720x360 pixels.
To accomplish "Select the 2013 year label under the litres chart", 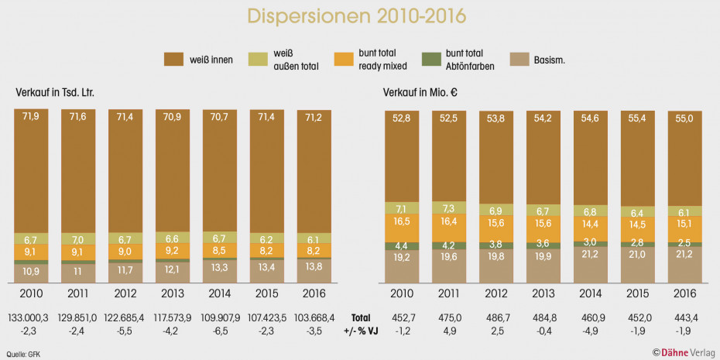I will pyautogui.click(x=173, y=295).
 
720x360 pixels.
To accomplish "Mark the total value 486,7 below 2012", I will pyautogui.click(x=495, y=317).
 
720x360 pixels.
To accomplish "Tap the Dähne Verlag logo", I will pyautogui.click(x=683, y=352).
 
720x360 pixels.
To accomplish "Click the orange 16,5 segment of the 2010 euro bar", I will pyautogui.click(x=402, y=221).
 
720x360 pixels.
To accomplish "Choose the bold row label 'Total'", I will pyautogui.click(x=362, y=317).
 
